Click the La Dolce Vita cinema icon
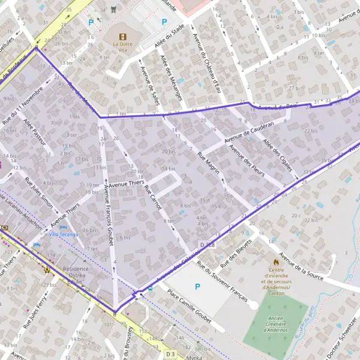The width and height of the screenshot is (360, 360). point(124,35)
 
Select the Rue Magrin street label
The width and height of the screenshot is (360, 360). point(209,163)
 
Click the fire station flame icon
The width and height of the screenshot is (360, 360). point(276,262)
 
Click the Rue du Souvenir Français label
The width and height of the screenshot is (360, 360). point(223,282)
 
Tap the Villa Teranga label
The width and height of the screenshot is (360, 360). point(63,234)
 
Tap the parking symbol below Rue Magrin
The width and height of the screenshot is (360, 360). point(197,287)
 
